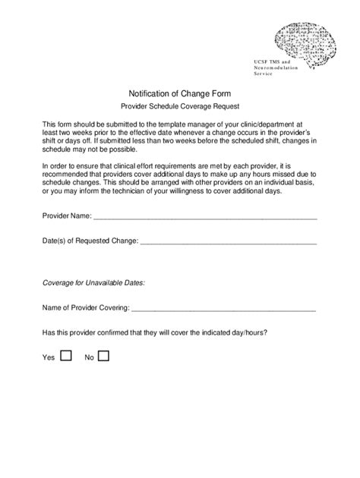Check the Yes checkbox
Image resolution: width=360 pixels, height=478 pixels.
click(65, 354)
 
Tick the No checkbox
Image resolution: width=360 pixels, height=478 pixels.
click(103, 354)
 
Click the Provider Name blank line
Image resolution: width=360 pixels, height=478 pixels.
click(204, 216)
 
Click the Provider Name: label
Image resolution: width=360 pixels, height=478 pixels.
click(66, 216)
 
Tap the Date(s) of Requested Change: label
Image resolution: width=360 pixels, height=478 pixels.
click(90, 241)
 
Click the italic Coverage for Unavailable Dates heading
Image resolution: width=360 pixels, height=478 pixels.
click(93, 282)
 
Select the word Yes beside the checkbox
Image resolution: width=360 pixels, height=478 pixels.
click(49, 357)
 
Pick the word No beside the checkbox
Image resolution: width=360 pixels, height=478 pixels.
click(89, 357)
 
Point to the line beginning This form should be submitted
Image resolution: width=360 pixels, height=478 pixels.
click(172, 122)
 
